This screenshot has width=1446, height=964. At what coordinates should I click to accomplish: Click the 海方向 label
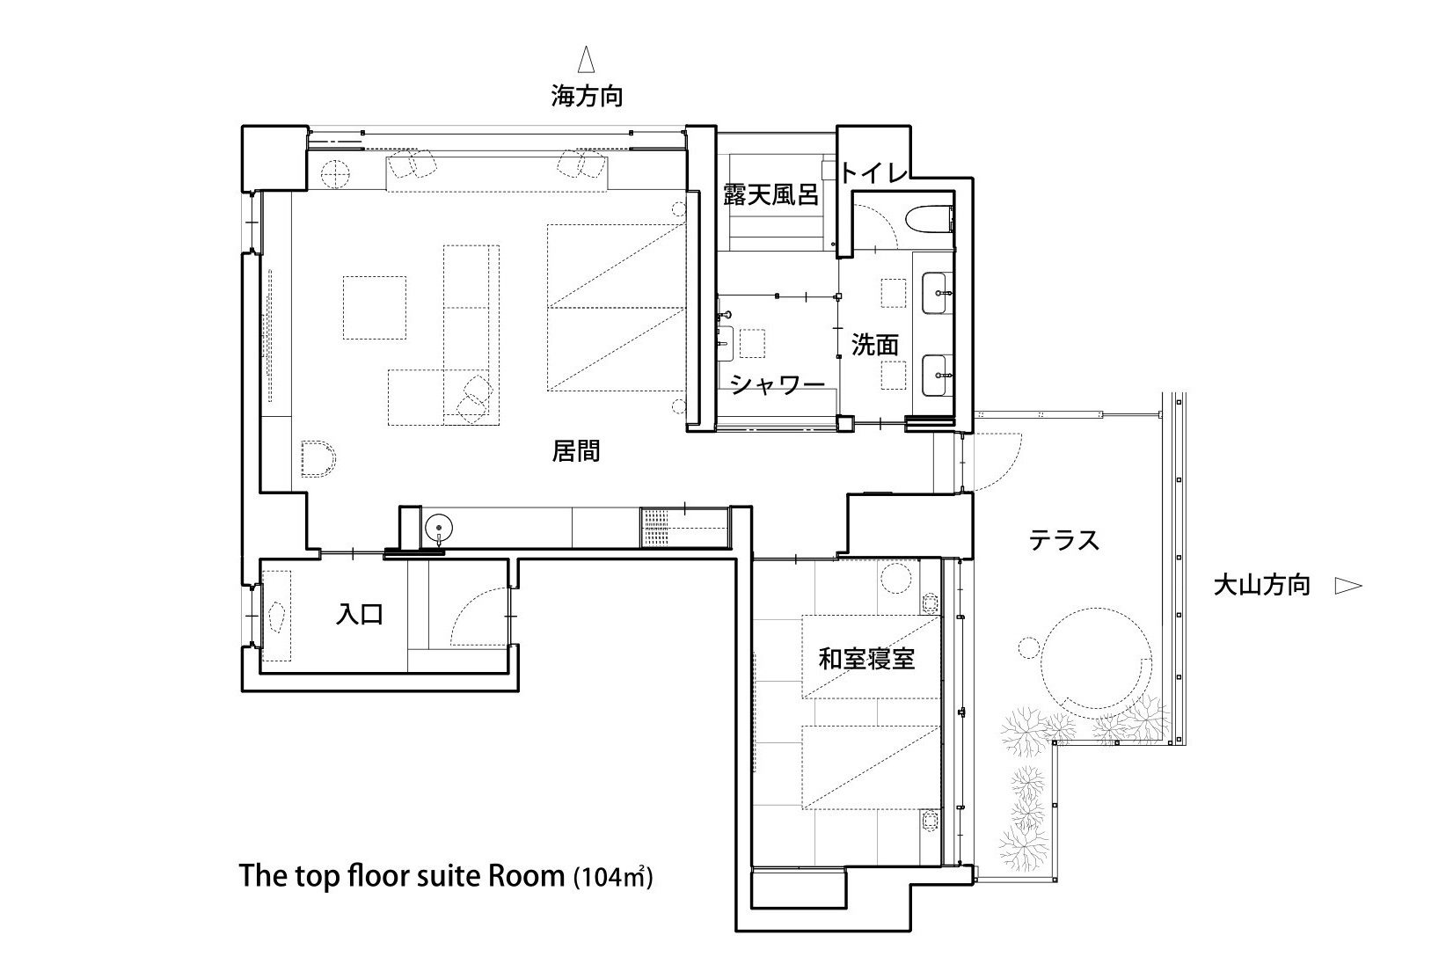coord(586,96)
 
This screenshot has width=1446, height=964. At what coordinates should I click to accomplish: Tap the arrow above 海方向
coord(586,59)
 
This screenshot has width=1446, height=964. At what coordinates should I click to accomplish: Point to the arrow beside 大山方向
coord(1347,586)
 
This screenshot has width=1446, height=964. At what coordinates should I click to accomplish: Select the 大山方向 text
coord(1261,585)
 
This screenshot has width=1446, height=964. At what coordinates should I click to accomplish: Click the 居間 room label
coord(576,450)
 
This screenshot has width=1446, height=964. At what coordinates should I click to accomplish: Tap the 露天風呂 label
coord(770,194)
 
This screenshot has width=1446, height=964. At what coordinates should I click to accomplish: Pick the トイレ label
coord(874,172)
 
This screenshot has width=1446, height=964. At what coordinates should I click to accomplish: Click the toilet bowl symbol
coord(931,218)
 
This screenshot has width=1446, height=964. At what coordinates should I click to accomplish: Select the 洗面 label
coord(874,346)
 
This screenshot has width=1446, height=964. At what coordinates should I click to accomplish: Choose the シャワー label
coord(778,385)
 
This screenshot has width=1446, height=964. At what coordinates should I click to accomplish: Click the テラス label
coord(1064,540)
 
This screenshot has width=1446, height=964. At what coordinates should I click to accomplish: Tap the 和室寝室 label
coord(866,660)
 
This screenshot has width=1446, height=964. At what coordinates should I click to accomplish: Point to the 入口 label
coord(360,613)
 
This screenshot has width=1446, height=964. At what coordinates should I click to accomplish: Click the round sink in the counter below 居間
coord(439,528)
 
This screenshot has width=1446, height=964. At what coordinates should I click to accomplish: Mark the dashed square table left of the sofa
coord(375,307)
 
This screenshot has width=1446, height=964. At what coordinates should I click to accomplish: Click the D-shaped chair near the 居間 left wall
coord(318,459)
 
